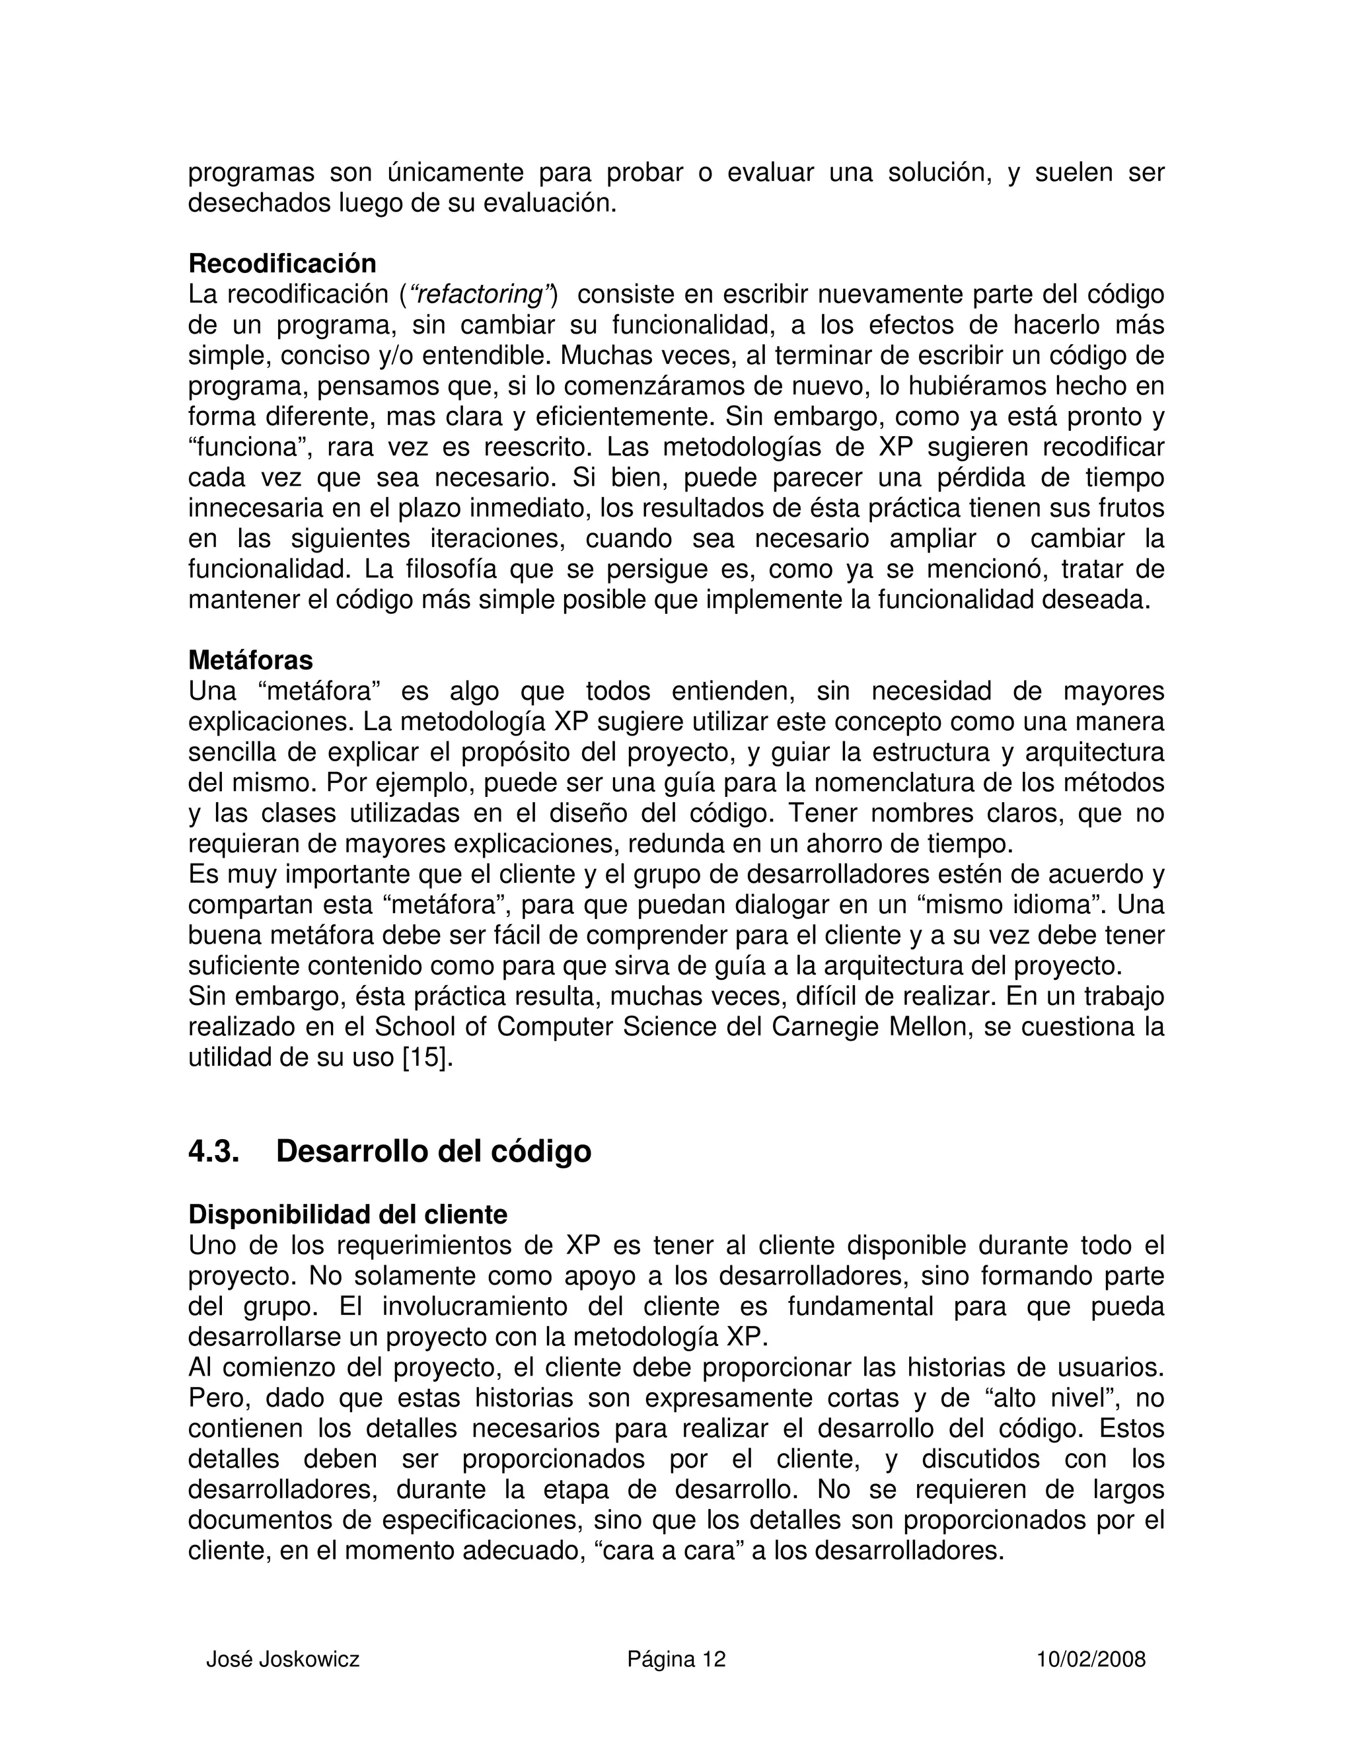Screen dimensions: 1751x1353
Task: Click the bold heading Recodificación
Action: [x=282, y=263]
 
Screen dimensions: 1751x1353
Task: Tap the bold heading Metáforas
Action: [x=250, y=660]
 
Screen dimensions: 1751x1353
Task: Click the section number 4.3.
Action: [x=213, y=1151]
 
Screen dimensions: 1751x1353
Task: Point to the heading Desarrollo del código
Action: [x=433, y=1151]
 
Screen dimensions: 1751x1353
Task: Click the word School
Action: [x=414, y=1027]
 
